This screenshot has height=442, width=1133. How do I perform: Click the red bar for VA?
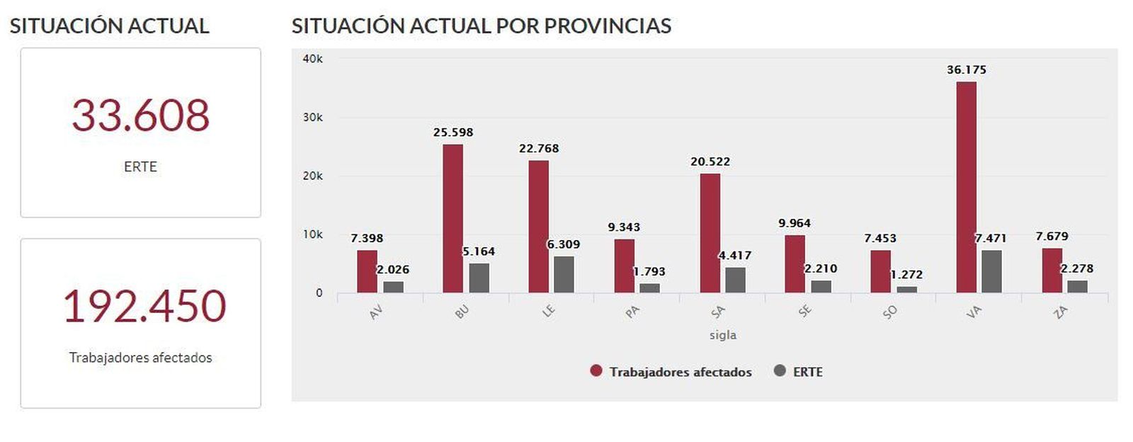[966, 187]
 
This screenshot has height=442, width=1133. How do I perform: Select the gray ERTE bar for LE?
[564, 274]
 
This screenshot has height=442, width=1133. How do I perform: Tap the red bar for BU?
[452, 218]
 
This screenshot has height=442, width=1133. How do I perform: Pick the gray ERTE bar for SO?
[906, 289]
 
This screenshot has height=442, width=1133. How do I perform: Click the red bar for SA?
[710, 233]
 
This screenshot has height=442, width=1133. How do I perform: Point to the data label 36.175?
[966, 69]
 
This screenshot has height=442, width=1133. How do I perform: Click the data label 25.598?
[453, 132]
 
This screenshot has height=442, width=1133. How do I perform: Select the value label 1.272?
[906, 274]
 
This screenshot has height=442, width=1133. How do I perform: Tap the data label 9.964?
[795, 223]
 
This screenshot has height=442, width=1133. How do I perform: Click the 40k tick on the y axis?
[312, 59]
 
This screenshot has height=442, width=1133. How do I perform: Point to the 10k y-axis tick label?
[312, 234]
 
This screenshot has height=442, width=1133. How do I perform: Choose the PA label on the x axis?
[632, 311]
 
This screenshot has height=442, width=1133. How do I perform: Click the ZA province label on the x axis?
[1060, 311]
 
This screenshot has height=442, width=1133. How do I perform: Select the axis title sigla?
[723, 335]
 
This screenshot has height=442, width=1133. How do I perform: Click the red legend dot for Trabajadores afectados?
[596, 370]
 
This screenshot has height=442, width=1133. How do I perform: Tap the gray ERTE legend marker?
[780, 370]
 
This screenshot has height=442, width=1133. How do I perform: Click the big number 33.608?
[140, 115]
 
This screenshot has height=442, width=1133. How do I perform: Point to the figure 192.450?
[144, 306]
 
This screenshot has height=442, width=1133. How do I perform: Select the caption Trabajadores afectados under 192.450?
[140, 358]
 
